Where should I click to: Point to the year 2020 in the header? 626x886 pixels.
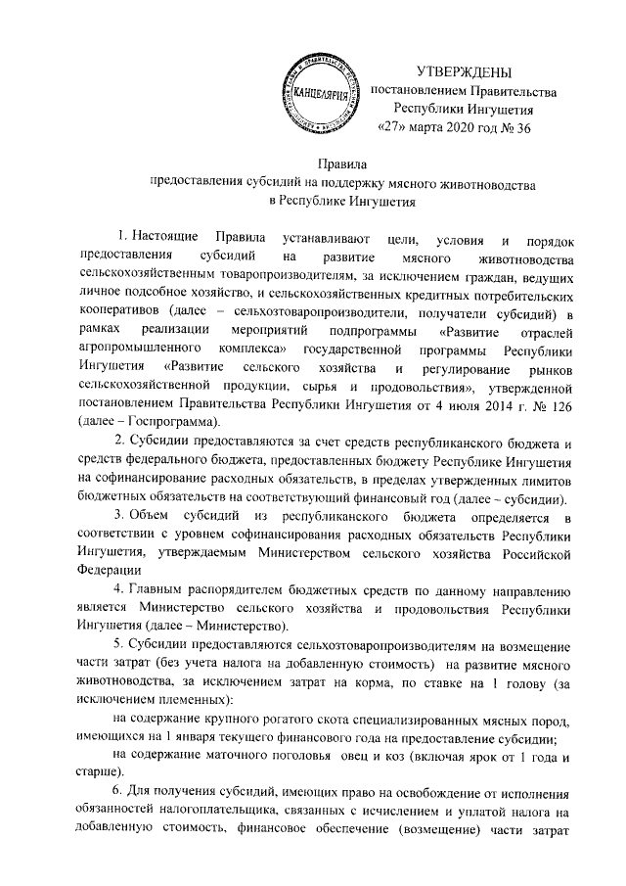point(467,127)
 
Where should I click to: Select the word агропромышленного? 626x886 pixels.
point(138,349)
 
